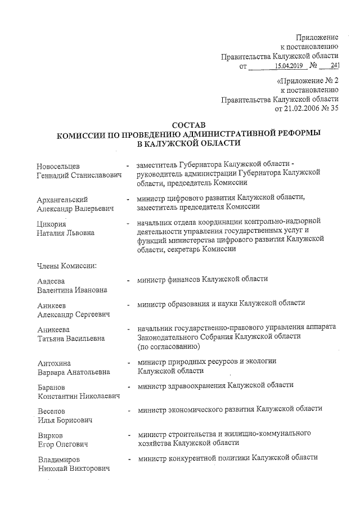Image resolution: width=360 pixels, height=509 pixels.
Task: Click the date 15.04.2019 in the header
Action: click(289, 66)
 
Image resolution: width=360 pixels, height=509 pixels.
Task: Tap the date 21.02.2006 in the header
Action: click(304, 109)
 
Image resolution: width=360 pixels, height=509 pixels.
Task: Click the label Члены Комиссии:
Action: click(67, 265)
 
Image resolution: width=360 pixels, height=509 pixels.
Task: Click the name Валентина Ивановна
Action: click(72, 290)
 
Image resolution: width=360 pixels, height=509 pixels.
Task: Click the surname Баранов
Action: click(51, 388)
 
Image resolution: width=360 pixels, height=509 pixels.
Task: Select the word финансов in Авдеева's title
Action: click(190, 279)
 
